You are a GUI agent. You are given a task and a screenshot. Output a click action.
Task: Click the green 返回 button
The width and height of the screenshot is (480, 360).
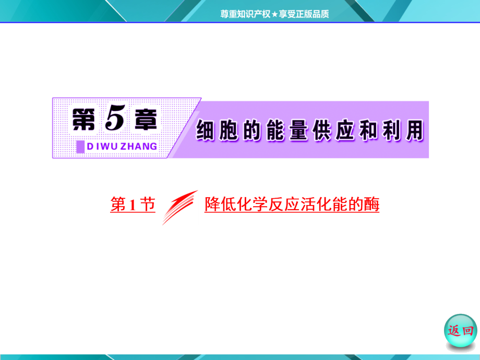pos(461,330)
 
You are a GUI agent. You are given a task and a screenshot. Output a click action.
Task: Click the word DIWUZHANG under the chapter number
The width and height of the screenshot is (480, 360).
pos(122,147)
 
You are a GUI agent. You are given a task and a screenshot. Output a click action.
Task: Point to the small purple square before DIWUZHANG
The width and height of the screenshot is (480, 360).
pos(80,147)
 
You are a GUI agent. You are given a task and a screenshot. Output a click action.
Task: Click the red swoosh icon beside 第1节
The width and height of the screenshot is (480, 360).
pos(179,207)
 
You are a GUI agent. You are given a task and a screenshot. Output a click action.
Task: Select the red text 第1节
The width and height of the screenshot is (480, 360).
pos(133,205)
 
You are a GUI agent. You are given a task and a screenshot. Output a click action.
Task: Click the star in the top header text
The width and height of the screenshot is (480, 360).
pos(273,15)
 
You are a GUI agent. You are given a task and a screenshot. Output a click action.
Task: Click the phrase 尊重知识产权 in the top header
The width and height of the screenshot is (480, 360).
pos(245,15)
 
